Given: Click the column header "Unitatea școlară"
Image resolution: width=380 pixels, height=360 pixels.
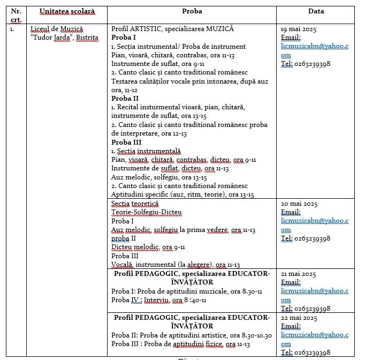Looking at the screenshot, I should (66, 11).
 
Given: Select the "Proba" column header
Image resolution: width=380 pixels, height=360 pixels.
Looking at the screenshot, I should (192, 11).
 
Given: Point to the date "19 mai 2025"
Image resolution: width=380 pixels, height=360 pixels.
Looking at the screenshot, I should (299, 29).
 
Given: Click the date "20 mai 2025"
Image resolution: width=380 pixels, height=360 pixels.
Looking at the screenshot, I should (299, 204).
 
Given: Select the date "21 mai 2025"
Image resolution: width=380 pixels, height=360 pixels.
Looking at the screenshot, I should (299, 274).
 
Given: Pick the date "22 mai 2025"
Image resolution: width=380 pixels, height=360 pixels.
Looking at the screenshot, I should (299, 318).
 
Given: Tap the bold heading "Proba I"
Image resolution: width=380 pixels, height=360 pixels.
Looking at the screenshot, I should (124, 37).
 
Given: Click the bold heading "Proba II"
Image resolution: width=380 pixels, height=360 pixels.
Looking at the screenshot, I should (125, 99).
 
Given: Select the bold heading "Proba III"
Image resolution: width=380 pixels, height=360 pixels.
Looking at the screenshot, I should (126, 142).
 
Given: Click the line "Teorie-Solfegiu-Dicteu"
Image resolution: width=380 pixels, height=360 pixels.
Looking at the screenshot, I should (147, 212).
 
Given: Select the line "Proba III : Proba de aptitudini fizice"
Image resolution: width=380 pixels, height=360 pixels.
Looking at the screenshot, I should (180, 344).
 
